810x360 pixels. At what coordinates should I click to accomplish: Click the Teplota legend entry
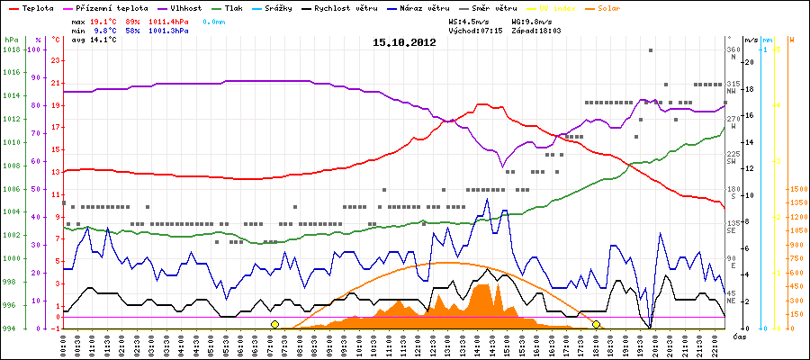[36, 8]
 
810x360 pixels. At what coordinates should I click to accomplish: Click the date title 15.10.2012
[404, 41]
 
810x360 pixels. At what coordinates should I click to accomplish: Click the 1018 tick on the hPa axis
[11, 49]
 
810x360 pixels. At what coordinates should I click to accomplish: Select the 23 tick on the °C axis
[56, 60]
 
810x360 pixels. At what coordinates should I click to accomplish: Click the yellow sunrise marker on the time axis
[275, 324]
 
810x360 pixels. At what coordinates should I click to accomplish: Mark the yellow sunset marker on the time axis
[596, 324]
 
